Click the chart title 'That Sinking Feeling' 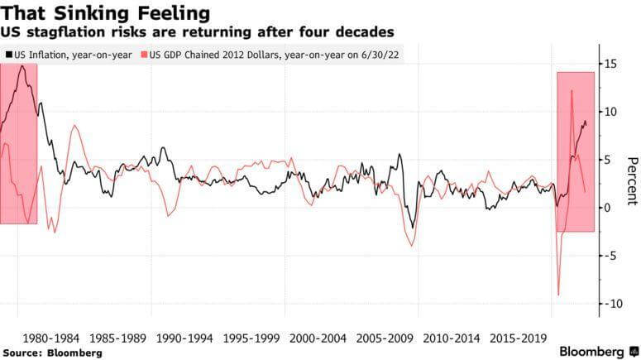(104, 13)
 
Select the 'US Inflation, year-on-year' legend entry (70, 55)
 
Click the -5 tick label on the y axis (611, 256)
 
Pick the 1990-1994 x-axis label (184, 338)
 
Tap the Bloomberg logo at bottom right (592, 351)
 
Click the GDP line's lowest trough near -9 (558, 295)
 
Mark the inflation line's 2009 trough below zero (411, 228)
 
